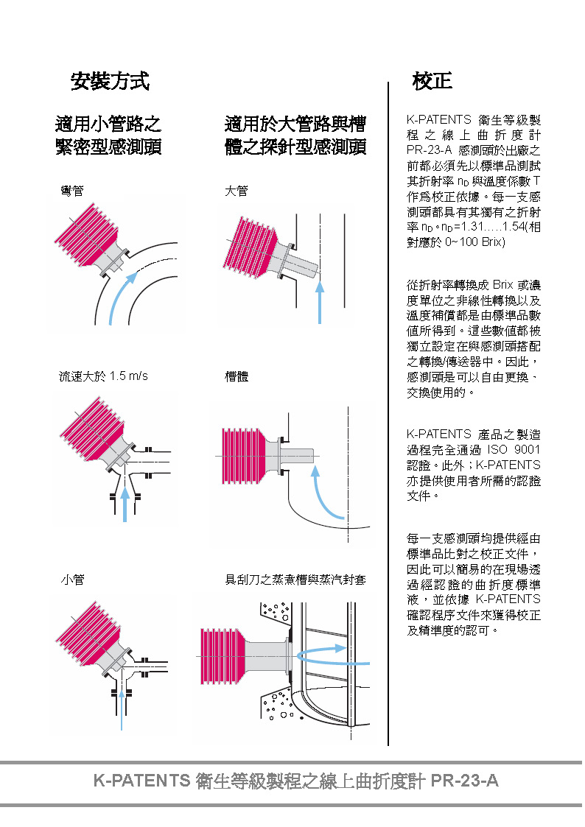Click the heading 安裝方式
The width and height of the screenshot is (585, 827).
coord(110,81)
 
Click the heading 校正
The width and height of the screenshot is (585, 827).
coord(432,81)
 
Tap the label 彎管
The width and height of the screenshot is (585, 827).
coord(72,191)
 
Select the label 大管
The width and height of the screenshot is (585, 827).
coord(237,191)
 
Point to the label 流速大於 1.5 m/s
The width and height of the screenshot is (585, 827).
coord(103,376)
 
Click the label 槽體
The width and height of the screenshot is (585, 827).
coord(237,376)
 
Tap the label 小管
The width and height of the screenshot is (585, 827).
coord(72,580)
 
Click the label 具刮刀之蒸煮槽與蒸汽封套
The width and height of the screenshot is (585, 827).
coord(295,580)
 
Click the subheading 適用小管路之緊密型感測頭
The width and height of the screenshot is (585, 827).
coord(108,135)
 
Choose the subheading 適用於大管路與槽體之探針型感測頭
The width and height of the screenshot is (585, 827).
coord(295,135)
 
